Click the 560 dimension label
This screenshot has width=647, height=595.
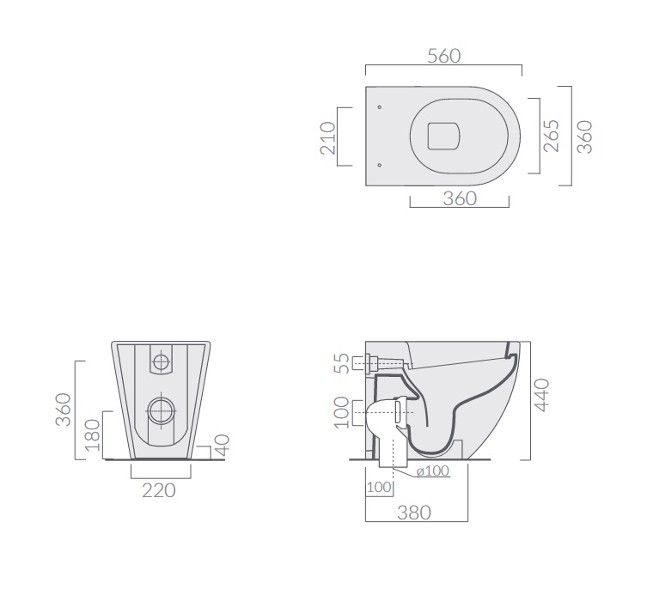pos(443,56)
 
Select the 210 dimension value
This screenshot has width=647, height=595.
pos(328,137)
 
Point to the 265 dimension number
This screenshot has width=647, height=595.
pos(552,136)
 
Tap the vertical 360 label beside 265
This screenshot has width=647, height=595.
pos(584,137)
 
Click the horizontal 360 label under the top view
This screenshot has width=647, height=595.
pos(460,198)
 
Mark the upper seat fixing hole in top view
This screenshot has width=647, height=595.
pos(380,107)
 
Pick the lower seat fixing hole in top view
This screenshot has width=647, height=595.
pos(380,166)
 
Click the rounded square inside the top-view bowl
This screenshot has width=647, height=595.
pos(443,136)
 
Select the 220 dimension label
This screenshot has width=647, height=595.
pos(159,490)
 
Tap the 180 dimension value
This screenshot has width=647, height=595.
pos(93,435)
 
